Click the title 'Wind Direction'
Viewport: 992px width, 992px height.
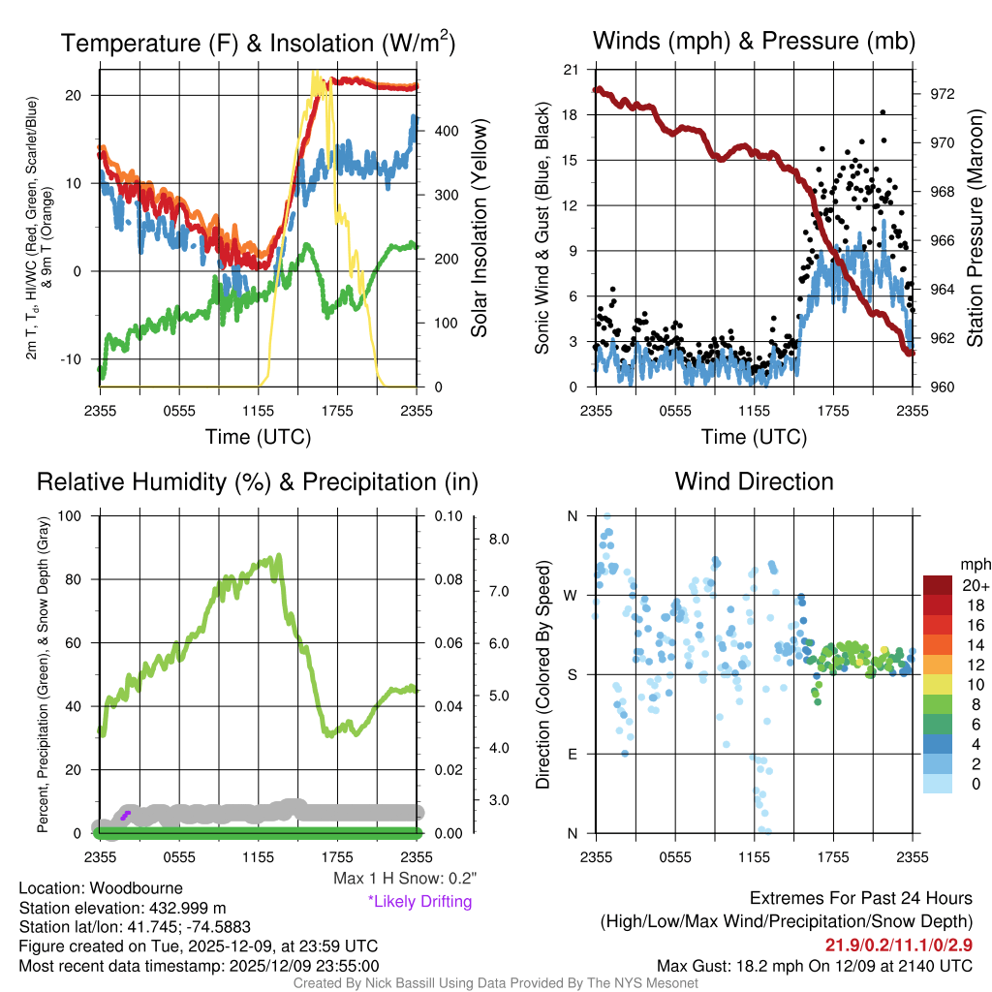click(754, 481)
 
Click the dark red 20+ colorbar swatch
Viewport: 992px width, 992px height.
click(939, 585)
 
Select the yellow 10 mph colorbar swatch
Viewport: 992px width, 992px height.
click(939, 684)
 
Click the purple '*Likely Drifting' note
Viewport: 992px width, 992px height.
click(419, 901)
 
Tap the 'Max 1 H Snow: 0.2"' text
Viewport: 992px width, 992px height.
click(405, 878)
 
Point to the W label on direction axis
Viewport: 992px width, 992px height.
click(571, 595)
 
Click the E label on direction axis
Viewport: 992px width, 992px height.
click(572, 754)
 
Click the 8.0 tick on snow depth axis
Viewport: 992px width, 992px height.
click(498, 539)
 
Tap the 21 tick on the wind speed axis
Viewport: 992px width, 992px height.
click(571, 70)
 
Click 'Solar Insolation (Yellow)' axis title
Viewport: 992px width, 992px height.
click(480, 228)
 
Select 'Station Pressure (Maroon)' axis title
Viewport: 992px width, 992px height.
click(976, 228)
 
